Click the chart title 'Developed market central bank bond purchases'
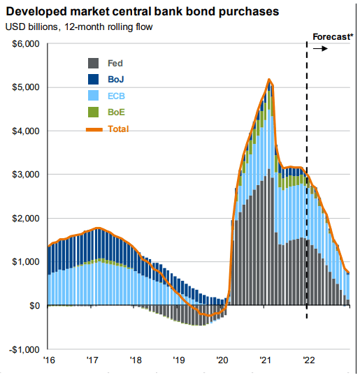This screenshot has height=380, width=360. coord(143,12)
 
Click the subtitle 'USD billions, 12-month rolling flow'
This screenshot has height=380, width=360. coord(79,27)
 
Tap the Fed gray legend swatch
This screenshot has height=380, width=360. coord(93,64)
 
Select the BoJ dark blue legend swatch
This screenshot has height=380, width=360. coord(93,79)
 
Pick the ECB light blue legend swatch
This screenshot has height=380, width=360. coord(93,96)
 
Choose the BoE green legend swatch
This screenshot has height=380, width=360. coord(93,112)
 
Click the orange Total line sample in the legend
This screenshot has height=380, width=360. coord(94,130)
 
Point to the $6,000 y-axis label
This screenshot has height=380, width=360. coord(26,44)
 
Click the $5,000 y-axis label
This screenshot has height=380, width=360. coord(26,87)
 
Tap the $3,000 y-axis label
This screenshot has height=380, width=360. coord(26,174)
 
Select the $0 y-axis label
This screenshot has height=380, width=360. coord(35,305)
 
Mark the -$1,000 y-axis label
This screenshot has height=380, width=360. coord(24,350)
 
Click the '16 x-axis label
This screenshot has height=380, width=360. coord(49,360)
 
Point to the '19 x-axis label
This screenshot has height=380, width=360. coord(179,360)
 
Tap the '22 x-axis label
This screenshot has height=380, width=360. coord(309,360)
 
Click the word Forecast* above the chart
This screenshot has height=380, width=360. coord(333,37)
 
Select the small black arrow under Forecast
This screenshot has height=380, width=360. coord(320,49)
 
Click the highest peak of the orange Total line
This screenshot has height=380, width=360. coord(269,79)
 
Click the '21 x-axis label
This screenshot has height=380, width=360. coord(266,360)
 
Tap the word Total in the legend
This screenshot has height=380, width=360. coord(118,129)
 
